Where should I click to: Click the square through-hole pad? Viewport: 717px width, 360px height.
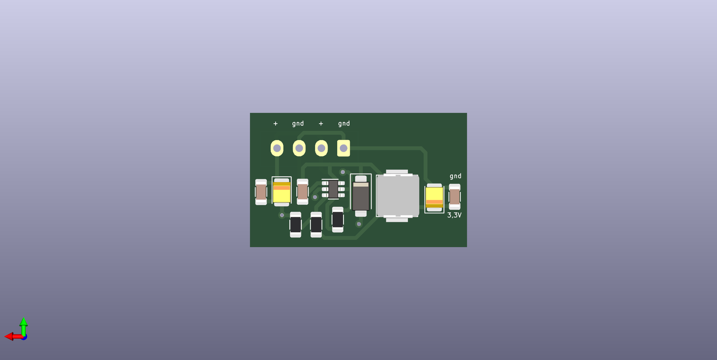click(344, 148)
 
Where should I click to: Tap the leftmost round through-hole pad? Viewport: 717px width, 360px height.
click(277, 148)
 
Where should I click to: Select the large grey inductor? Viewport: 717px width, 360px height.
click(397, 196)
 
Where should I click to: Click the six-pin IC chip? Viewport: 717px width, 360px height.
click(333, 189)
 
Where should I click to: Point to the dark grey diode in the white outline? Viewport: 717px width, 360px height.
click(361, 196)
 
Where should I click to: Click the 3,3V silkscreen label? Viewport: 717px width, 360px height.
click(454, 215)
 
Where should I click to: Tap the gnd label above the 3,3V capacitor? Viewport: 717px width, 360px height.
click(456, 176)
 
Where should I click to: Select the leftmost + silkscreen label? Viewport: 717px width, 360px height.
click(276, 124)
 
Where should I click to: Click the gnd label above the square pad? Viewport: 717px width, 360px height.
click(344, 124)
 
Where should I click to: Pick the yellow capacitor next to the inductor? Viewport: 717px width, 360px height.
click(434, 198)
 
